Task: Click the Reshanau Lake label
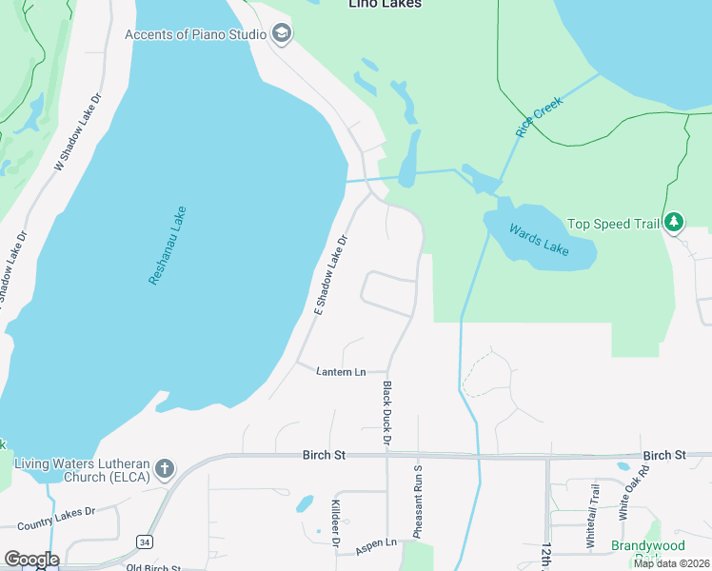pos(168,246)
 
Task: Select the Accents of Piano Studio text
pos(196,35)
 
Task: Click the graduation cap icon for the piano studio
pos(281,35)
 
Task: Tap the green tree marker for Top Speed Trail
pos(674,223)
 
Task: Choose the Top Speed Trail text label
pos(613,224)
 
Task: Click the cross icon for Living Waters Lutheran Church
pos(165,468)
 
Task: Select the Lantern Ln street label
pos(341,371)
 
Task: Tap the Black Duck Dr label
pos(386,413)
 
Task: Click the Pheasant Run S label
pos(417,502)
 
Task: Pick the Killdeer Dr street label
pos(335,523)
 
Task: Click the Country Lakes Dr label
pos(57,518)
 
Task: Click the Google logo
pos(31,560)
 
